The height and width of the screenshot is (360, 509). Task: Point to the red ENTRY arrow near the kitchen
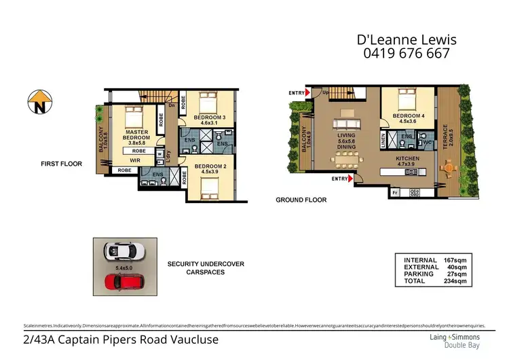(350, 179)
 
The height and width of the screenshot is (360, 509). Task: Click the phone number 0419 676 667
(403, 53)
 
